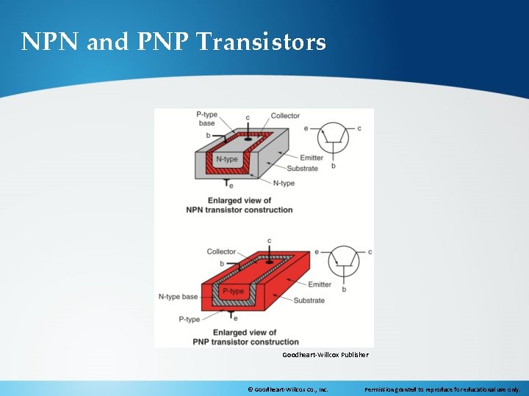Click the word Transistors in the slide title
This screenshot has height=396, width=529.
point(261,42)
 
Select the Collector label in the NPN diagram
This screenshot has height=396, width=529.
point(285,116)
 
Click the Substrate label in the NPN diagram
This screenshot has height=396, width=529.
point(302,168)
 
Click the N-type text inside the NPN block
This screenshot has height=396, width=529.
point(227,159)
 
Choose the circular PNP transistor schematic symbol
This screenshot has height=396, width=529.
point(343,260)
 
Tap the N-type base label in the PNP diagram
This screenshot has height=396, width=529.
point(178,297)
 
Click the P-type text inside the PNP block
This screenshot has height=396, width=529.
point(233,291)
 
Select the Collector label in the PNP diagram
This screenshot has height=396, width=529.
point(221,252)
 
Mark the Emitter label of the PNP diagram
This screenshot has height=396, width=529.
point(320,285)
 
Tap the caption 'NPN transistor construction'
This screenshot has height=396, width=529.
point(240,210)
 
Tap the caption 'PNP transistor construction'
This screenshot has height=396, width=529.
point(245,342)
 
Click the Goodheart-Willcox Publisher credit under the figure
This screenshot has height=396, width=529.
point(325,355)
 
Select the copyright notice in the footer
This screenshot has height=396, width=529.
point(288,389)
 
